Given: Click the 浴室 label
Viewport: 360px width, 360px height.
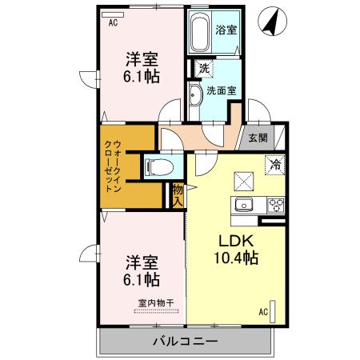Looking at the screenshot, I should pos(226,30).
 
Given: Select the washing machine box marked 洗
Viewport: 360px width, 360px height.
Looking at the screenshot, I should pos(204,70).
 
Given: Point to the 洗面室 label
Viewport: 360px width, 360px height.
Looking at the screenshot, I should pos(221,90).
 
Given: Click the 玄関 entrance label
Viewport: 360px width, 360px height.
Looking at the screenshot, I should pos(257,138).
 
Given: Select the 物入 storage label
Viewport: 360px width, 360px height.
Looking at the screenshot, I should pos(178,195).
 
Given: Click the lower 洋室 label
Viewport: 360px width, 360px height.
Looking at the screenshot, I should pos(140,262).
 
